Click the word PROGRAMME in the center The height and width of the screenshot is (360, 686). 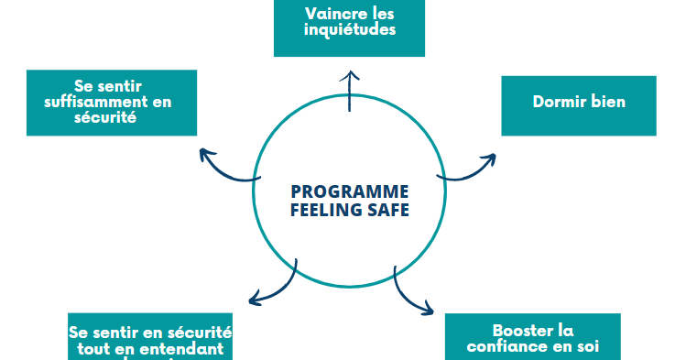tap(349, 191)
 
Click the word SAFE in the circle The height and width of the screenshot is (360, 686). tap(385, 209)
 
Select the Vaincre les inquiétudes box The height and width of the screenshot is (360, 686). tap(349, 27)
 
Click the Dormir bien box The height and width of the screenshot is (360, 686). tap(579, 104)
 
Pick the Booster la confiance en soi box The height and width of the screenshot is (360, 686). tap(532, 337)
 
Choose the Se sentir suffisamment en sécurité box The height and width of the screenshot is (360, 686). tap(112, 102)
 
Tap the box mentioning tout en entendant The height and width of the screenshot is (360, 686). tap(150, 338)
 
